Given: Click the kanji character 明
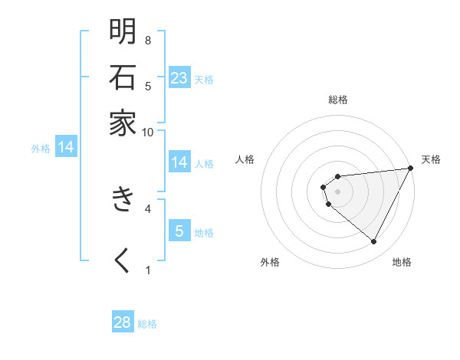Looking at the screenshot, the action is coord(123,31).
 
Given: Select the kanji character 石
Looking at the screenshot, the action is coord(123,77).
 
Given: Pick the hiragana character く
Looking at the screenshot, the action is coord(123,260).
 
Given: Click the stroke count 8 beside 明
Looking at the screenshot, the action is coord(148,40).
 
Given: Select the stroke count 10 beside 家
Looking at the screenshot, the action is coord(148,132).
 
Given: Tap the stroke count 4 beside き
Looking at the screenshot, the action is coord(148,208).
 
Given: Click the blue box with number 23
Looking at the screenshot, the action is coord(179,77).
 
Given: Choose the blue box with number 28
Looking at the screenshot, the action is coord(123,322).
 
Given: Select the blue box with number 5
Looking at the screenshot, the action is coord(179,230).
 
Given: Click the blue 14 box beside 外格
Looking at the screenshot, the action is coord(66,147).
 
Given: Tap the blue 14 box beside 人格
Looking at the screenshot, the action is coord(179,162).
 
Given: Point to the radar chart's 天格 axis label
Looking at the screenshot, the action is coord(431,159).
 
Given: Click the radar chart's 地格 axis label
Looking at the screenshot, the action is coord(402,262).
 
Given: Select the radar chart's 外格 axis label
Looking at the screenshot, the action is coord(270,262).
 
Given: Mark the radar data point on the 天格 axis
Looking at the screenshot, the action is coord(410,169).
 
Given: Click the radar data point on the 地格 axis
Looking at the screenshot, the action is coord(373,242).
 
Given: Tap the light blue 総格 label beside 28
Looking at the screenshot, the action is coord(147,323).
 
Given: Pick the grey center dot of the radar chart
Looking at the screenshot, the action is coord(337,191).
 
